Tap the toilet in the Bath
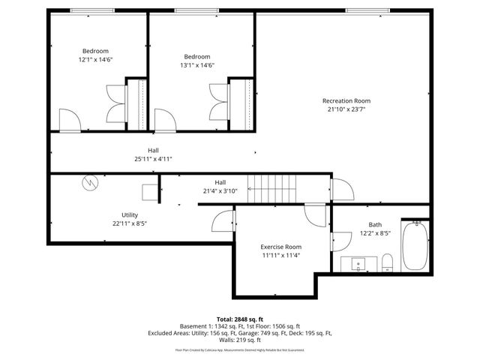pyautogui.click(x=387, y=262)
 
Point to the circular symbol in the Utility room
pyautogui.click(x=89, y=182)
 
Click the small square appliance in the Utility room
pyautogui.click(x=149, y=192)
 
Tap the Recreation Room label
pyautogui.click(x=346, y=100)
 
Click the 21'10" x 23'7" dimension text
pyautogui.click(x=346, y=109)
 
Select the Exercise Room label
pyautogui.click(x=281, y=247)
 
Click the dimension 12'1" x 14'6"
pyautogui.click(x=95, y=58)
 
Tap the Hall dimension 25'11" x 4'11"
pyautogui.click(x=153, y=159)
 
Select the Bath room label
pyautogui.click(x=375, y=224)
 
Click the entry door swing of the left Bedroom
pyautogui.click(x=67, y=119)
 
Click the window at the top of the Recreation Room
pyautogui.click(x=367, y=10)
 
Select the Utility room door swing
pyautogui.click(x=223, y=220)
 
